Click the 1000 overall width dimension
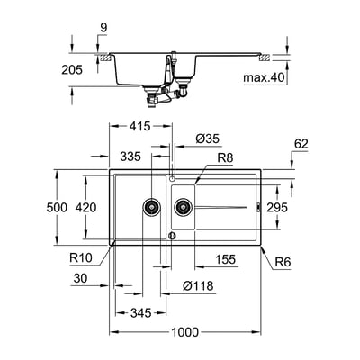tap(184, 332)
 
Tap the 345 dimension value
tap(141, 313)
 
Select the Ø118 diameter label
tap(198, 285)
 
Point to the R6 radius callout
tap(283, 263)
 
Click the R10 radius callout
tap(81, 257)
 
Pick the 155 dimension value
tap(226, 259)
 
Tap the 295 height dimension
tap(277, 207)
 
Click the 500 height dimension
tap(57, 207)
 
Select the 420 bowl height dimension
tap(85, 207)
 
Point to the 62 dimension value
tap(301, 144)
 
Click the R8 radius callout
tap(225, 157)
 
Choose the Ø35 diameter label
tap(208, 139)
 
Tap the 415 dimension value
tap(139, 126)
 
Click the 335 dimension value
tap(130, 157)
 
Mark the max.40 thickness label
tap(264, 78)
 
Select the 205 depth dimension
tap(72, 70)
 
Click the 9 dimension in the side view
tap(103, 28)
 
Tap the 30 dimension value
tap(80, 278)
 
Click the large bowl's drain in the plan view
tap(152, 207)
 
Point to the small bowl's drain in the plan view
tap(183, 207)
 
